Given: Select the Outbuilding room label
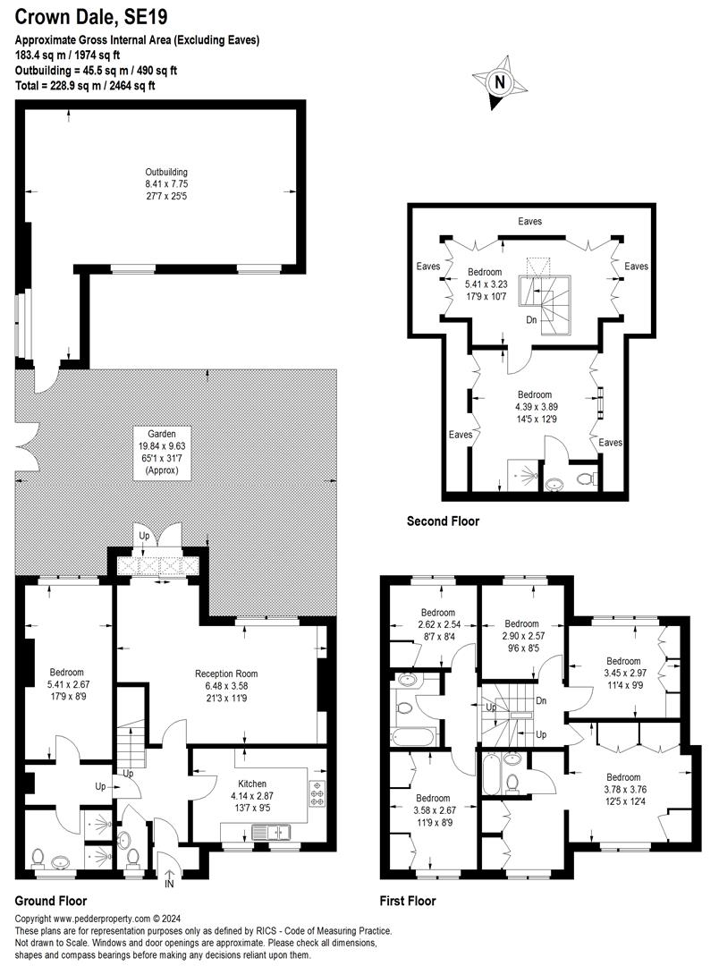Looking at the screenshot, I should (x=166, y=172).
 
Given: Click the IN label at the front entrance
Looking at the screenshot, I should (x=169, y=884).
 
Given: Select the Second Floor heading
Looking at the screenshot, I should (x=443, y=521).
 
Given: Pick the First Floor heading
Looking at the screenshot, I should (x=406, y=901).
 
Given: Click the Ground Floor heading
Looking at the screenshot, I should (x=51, y=901).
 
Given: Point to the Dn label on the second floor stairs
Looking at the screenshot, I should (x=531, y=319).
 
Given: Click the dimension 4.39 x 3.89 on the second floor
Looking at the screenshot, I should (x=535, y=407).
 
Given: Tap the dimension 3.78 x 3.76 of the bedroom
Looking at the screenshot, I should (x=622, y=790).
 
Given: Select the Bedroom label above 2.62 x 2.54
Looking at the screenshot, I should (x=439, y=613).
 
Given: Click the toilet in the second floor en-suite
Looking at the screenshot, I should (x=588, y=479).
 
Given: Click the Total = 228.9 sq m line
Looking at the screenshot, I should (x=85, y=86).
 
